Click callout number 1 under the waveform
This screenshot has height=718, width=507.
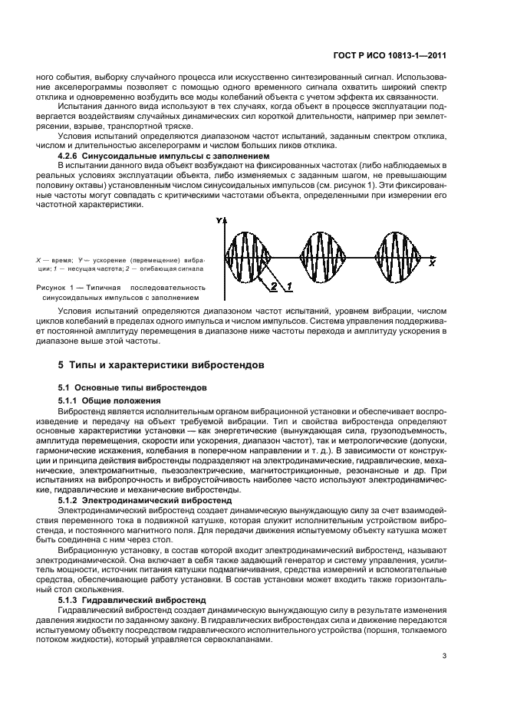pyautogui.click(x=289, y=286)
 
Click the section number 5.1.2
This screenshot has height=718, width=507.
pyautogui.click(x=71, y=499)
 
